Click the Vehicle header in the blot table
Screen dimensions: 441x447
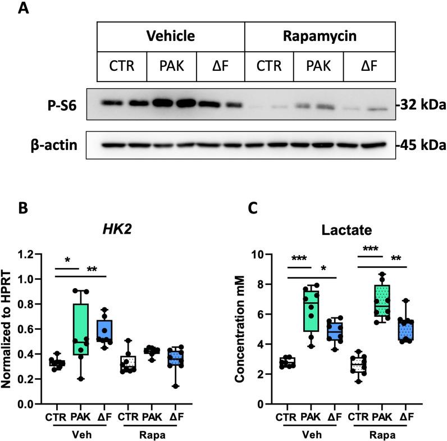(170, 37)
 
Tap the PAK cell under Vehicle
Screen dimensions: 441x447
(171, 66)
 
